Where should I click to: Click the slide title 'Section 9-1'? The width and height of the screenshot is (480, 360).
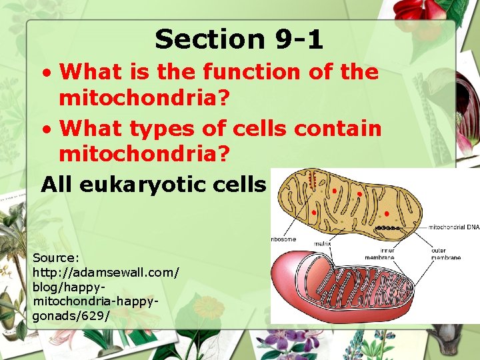(239, 39)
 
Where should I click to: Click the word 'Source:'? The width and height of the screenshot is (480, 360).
(56, 257)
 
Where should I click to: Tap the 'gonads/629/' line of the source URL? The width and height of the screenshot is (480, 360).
(71, 315)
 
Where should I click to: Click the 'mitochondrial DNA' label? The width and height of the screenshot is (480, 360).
(453, 227)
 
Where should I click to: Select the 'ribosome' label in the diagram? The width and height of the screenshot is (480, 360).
(283, 239)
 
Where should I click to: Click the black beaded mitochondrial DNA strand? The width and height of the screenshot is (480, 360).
(388, 228)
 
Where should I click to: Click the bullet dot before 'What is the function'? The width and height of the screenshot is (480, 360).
(45, 73)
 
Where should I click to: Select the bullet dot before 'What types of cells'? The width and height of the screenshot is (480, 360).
(45, 128)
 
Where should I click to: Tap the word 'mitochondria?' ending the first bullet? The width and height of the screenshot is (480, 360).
(144, 99)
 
